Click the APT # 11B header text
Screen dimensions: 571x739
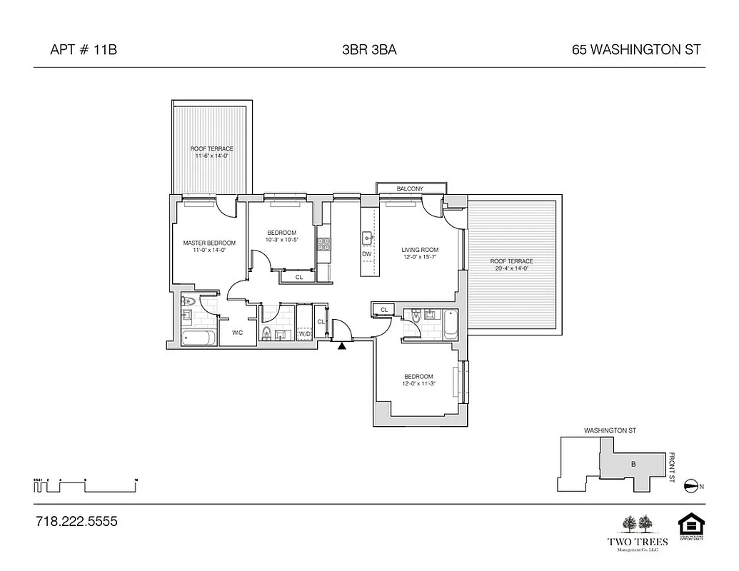[x=83, y=50]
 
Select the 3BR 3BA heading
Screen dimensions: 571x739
[x=369, y=50]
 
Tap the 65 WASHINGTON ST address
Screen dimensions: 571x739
[x=636, y=50]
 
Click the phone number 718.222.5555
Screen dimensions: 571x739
[x=76, y=522]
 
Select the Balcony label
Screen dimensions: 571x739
[x=410, y=188]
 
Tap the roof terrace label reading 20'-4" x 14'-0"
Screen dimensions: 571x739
[x=511, y=265]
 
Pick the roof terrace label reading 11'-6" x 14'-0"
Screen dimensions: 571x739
[x=211, y=152]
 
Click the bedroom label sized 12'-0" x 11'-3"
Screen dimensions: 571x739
[x=418, y=380]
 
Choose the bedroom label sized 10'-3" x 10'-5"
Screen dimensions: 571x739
[x=281, y=236]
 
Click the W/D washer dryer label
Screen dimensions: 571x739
[x=304, y=333]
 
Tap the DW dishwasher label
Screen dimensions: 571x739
[x=367, y=254]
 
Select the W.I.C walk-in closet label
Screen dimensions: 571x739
[x=237, y=333]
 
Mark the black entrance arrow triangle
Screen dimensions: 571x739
[x=342, y=347]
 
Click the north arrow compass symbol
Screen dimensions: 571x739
[x=690, y=486]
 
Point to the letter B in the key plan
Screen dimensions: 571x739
[x=632, y=465]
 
